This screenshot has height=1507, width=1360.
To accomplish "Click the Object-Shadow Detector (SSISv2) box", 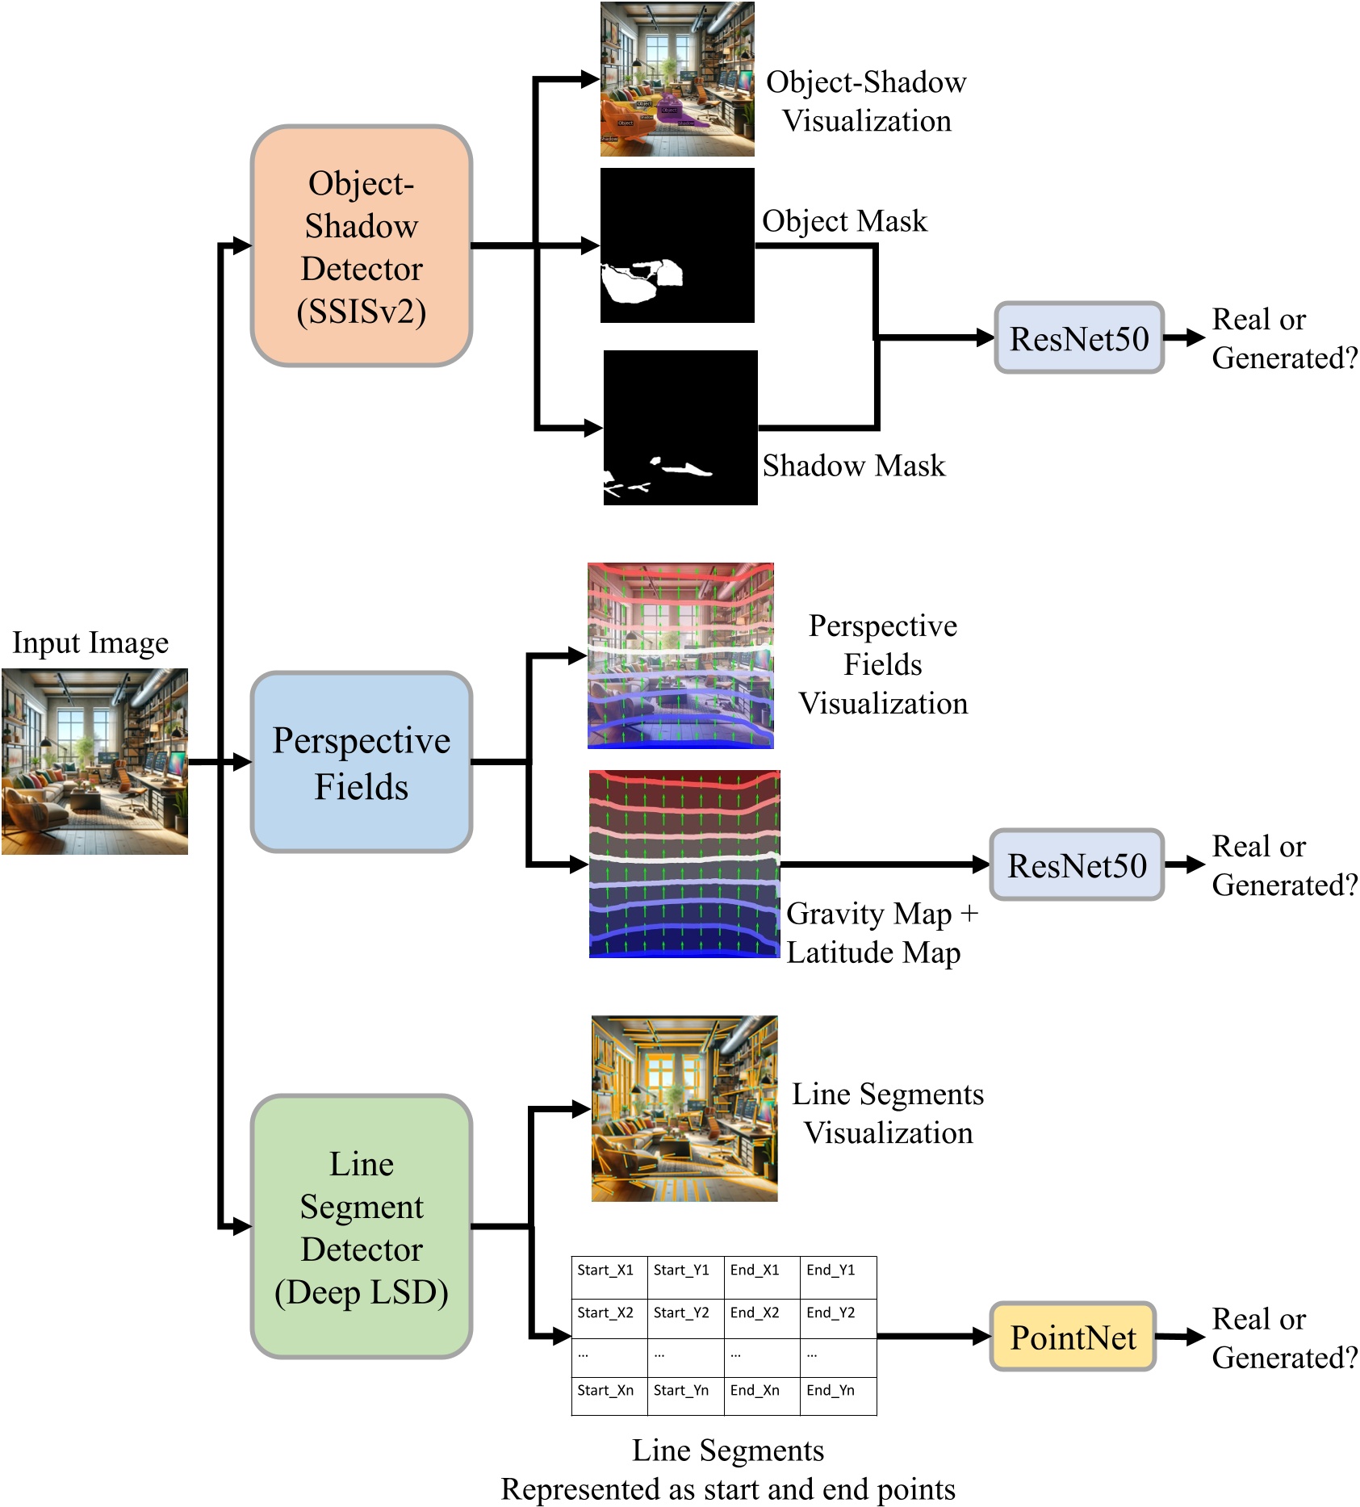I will (361, 246).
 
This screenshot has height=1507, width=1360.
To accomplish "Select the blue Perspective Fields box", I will (361, 762).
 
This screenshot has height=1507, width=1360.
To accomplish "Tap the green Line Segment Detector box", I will (361, 1226).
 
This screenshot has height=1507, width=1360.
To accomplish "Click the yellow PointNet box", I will (1073, 1337).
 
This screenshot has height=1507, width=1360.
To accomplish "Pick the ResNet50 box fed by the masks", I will (1079, 338).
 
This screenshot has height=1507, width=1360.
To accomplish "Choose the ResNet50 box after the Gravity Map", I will (1077, 865).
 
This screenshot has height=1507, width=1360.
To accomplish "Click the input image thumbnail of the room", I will (94, 761).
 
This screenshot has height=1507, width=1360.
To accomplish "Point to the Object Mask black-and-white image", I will (677, 245).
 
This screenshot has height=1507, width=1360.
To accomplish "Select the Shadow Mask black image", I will (680, 428).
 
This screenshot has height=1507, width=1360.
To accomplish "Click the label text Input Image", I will (90, 643).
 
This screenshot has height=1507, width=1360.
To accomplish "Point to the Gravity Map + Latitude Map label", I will (881, 933).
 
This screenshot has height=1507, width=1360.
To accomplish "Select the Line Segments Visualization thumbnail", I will (684, 1108).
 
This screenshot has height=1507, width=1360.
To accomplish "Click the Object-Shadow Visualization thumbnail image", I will (677, 79).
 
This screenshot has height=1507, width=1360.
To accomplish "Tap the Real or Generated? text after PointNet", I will (1283, 1338).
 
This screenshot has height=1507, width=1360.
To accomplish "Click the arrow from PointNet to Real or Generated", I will (1181, 1337).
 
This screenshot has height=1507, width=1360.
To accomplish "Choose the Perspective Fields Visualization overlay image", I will (680, 655).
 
